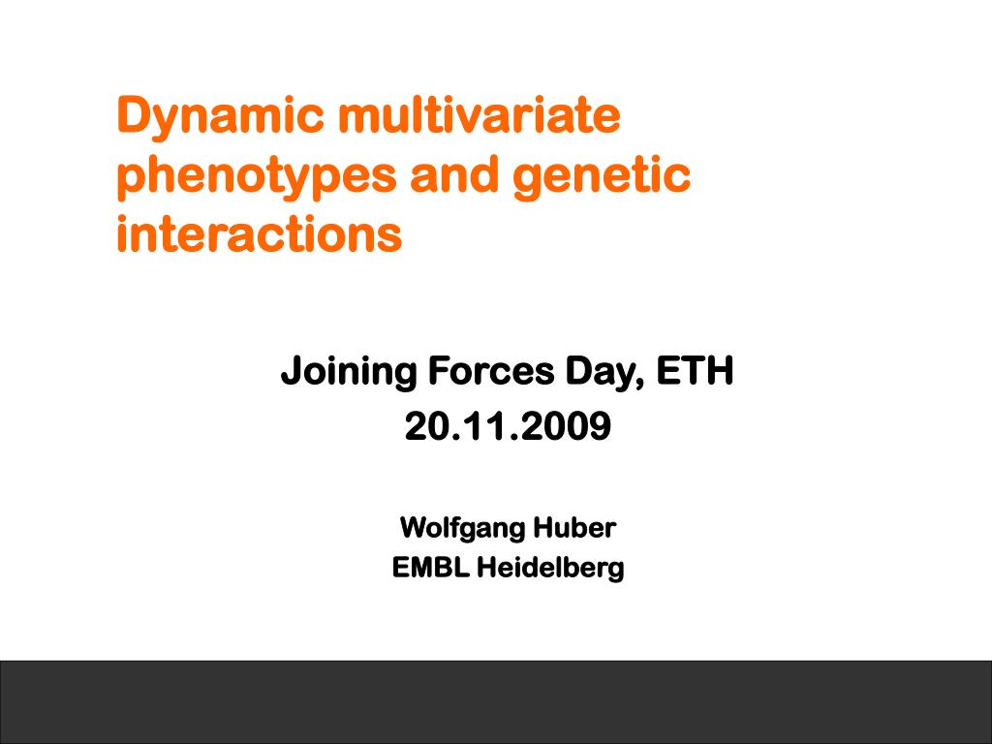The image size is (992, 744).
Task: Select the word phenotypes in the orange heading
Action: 256,176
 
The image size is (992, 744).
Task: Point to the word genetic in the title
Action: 602,176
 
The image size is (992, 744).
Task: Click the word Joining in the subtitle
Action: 349,372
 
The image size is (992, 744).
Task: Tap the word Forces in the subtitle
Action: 491,370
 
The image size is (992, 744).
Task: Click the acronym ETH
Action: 695,370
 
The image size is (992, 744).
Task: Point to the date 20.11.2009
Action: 508,426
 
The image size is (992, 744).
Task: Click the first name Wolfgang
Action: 462,529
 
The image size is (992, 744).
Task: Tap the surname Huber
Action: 574,527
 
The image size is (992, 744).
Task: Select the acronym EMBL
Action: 430,567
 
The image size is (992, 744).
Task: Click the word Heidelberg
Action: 550,568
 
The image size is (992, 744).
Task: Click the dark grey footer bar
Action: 496,702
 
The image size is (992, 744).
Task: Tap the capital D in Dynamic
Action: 134,114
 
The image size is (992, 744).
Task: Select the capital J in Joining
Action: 291,371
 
